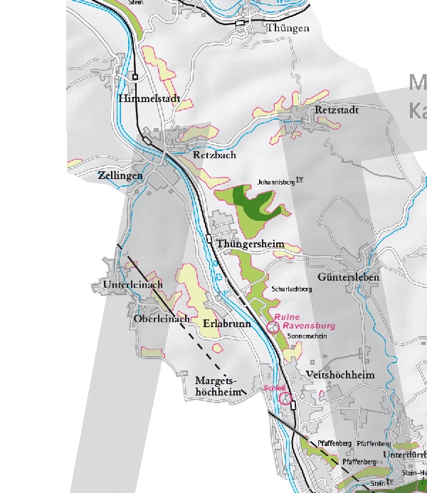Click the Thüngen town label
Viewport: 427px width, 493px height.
coord(288,28)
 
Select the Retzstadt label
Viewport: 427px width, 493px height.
coord(337,110)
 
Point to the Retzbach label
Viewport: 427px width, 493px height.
coord(214,155)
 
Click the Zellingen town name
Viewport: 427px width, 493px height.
coord(120,175)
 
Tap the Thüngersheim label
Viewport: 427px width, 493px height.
coord(251,244)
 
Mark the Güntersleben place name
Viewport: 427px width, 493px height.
coord(349,276)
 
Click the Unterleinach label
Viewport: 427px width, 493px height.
coord(133,285)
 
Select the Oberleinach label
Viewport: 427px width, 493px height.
coord(162,319)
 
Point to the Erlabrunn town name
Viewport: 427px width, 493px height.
coord(225,323)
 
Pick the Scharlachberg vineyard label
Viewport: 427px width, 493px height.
coord(293,289)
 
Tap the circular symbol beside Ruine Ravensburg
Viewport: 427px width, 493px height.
coord(272,327)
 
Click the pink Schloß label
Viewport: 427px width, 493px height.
coord(274,388)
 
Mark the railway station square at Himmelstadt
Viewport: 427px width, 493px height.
coord(135,76)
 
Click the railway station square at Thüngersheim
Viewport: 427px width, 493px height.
coord(209,239)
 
